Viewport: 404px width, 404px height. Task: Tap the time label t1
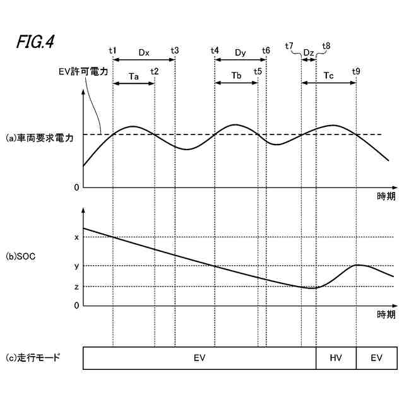112,50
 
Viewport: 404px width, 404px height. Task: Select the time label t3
174,50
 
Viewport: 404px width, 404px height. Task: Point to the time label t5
258,71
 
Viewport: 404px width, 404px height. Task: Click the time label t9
357,71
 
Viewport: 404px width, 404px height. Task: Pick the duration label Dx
143,52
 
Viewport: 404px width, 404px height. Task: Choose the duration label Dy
240,52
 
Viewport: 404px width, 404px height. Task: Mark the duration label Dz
308,52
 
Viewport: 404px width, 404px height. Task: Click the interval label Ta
134,76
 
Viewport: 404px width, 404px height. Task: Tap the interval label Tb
236,76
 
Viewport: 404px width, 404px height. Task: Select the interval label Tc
329,76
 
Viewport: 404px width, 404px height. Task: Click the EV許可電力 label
80,71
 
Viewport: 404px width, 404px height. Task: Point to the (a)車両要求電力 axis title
39,137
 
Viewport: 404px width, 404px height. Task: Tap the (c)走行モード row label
33,357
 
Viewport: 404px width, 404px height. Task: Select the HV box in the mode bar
336,358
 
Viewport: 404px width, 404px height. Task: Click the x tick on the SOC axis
76,237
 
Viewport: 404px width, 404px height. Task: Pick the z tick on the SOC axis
76,287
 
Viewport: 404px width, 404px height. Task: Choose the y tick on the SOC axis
76,266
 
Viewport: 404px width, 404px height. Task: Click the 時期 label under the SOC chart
386,314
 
